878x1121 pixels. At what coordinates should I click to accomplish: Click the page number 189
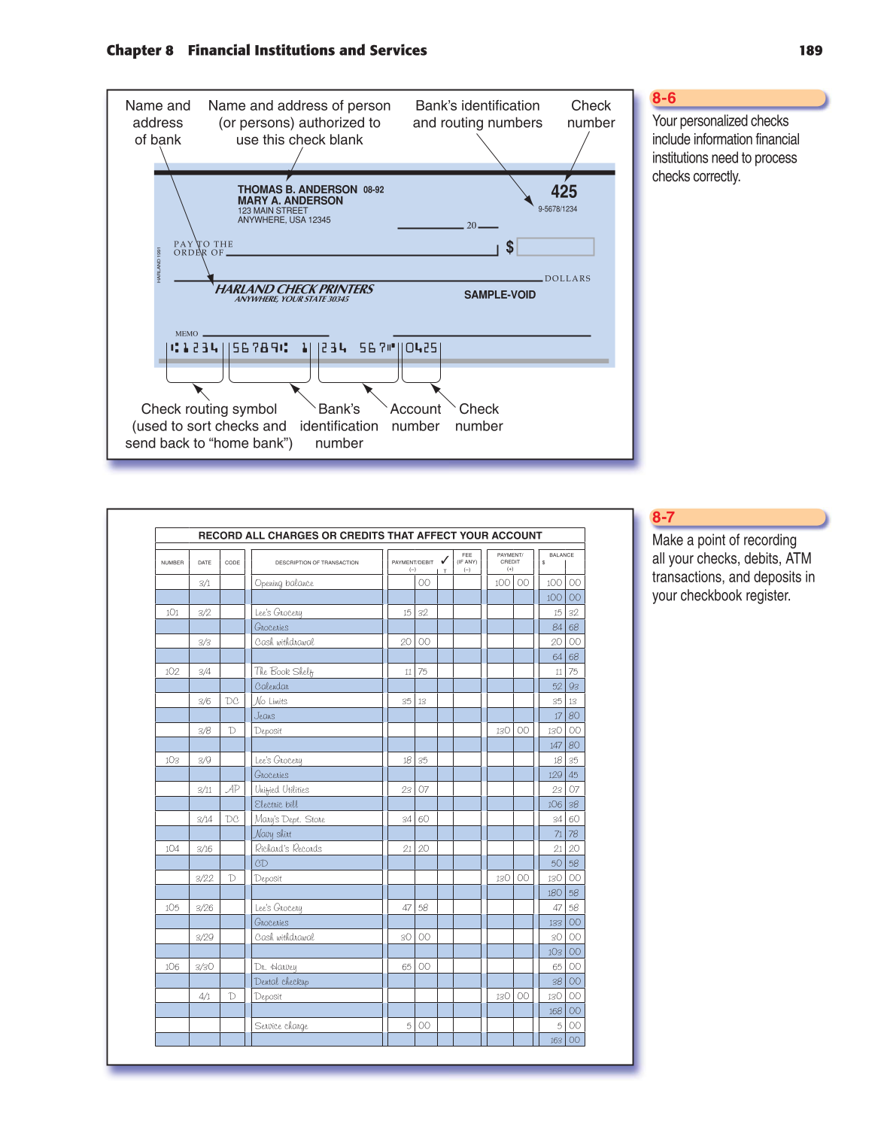tap(810, 50)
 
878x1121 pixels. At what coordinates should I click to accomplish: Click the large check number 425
tap(564, 192)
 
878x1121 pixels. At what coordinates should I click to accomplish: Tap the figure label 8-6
tap(664, 98)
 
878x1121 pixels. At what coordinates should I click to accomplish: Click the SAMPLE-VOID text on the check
tap(500, 295)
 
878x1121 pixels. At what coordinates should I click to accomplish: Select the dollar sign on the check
tap(510, 247)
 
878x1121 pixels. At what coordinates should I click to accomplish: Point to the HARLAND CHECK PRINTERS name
tap(294, 289)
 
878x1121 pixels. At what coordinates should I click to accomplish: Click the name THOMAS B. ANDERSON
tap(297, 190)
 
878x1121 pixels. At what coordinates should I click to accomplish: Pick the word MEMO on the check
tap(187, 333)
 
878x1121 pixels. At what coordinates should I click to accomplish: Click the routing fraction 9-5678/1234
tap(557, 209)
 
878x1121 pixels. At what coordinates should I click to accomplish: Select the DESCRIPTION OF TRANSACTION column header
tap(317, 563)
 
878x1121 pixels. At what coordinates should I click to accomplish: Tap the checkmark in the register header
tap(445, 560)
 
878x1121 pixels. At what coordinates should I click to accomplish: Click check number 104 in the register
tap(172, 849)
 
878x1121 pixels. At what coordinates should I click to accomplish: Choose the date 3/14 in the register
tap(205, 819)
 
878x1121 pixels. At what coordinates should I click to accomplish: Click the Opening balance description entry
tap(284, 583)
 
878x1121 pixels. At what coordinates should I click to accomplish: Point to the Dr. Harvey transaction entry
tap(275, 967)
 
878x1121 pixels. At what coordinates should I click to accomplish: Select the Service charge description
tap(281, 1026)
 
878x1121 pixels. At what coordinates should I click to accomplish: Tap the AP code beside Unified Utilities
tap(232, 789)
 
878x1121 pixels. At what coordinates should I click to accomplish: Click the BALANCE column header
tap(561, 555)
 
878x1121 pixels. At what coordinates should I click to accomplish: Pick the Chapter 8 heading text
tap(140, 50)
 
